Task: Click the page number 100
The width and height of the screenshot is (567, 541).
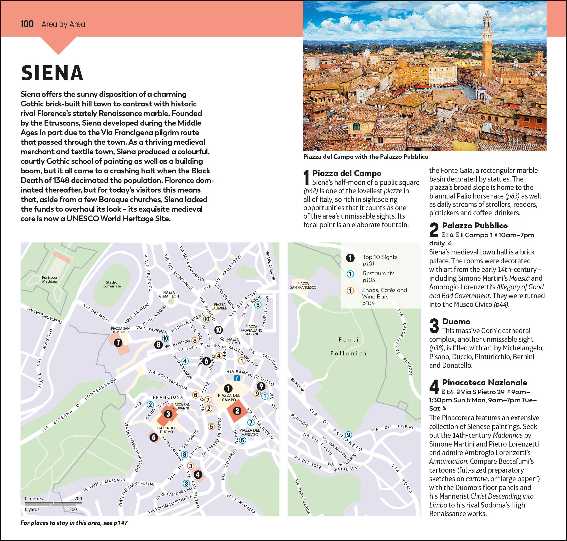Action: [x=27, y=24]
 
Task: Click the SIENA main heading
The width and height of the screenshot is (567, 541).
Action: [x=52, y=73]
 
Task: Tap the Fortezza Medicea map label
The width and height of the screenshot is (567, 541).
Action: [x=49, y=279]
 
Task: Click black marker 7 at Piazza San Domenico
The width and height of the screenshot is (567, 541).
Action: [x=118, y=342]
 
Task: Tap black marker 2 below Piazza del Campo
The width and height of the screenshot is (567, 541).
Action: [x=237, y=411]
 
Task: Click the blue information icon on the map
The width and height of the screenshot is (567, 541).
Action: [x=237, y=378]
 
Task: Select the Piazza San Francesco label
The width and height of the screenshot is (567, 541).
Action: [x=303, y=285]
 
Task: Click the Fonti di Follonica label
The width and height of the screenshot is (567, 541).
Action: [x=348, y=346]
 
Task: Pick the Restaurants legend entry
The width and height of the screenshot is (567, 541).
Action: [x=378, y=276]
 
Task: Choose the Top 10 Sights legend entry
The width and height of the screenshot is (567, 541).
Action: [x=380, y=260]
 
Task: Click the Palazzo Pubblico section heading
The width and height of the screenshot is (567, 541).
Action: [x=475, y=226]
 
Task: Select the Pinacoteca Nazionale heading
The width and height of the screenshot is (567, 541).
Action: [x=484, y=382]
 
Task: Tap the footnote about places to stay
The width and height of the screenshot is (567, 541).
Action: [x=74, y=523]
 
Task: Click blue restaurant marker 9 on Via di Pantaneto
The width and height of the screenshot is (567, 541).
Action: [x=348, y=435]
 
